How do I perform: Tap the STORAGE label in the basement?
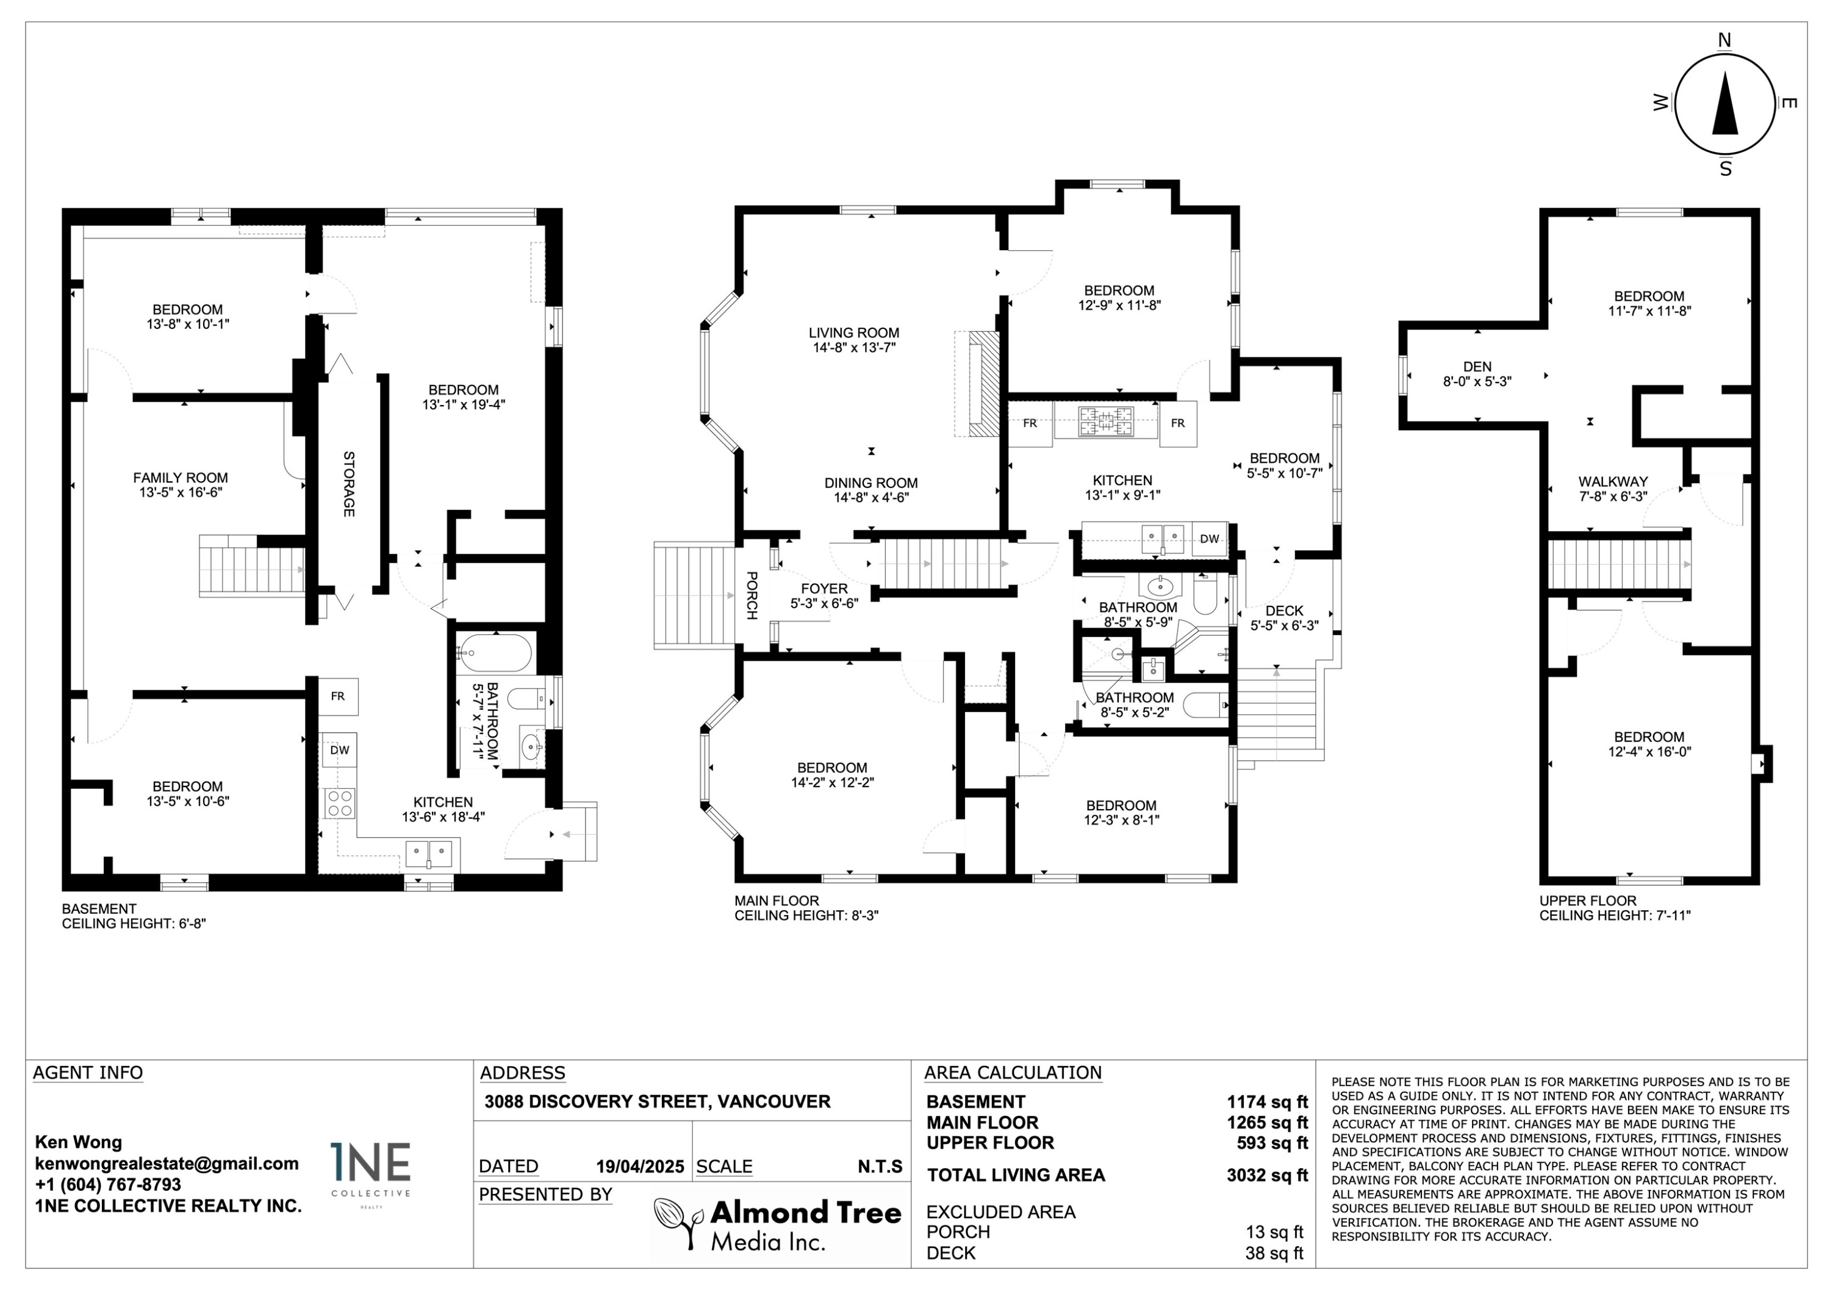click(349, 484)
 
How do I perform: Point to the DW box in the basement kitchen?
click(340, 750)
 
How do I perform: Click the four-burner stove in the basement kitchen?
click(340, 802)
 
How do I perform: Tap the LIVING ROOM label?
click(853, 333)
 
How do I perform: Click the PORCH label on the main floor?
click(751, 595)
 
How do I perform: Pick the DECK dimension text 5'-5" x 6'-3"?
click(1284, 626)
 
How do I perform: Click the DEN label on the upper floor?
click(1477, 367)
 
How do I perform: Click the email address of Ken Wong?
click(167, 1163)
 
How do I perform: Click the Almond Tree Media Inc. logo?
click(777, 1224)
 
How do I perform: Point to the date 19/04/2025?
click(640, 1166)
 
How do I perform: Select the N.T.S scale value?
click(880, 1166)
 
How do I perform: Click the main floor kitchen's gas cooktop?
click(1105, 421)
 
